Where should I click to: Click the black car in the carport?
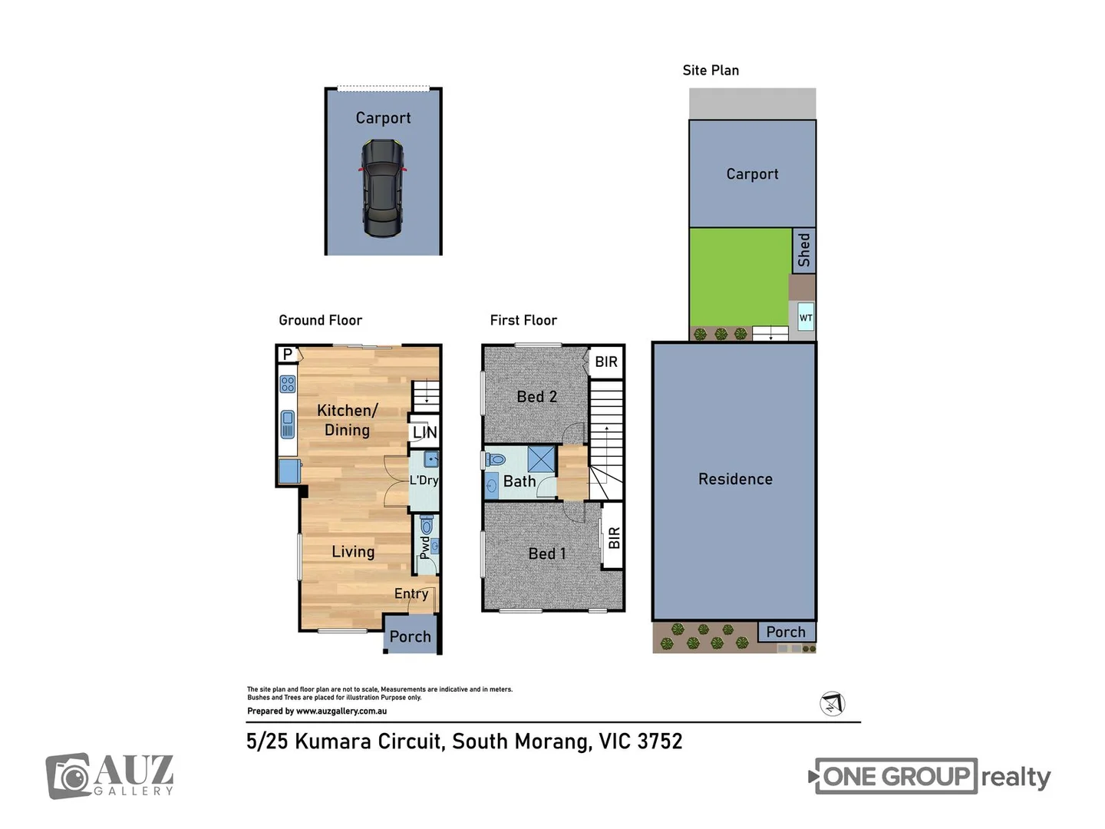click(x=383, y=188)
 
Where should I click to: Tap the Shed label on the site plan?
click(x=803, y=250)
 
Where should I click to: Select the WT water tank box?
click(x=805, y=318)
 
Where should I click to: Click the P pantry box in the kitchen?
click(x=288, y=354)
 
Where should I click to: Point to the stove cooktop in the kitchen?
click(x=288, y=384)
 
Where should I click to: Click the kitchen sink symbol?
click(x=288, y=424)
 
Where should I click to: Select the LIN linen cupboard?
click(x=424, y=432)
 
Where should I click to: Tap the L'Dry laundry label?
click(x=424, y=481)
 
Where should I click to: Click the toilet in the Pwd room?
click(x=427, y=525)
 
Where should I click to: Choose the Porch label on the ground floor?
click(x=410, y=636)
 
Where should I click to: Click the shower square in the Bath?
click(x=541, y=459)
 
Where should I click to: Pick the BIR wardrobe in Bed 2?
click(x=605, y=362)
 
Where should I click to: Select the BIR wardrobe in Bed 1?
click(x=613, y=537)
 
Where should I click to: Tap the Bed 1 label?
click(x=546, y=553)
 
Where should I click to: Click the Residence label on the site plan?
click(x=735, y=479)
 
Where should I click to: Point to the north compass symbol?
click(x=832, y=703)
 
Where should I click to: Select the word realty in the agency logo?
click(x=1015, y=777)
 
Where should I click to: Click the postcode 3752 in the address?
click(x=659, y=741)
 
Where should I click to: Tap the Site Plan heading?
click(x=711, y=71)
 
